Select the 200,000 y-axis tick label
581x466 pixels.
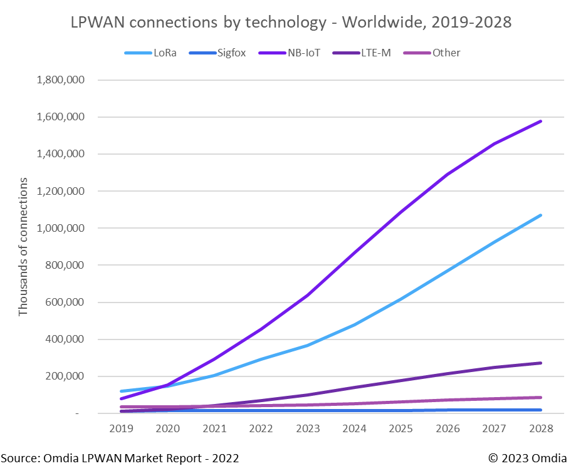pyautogui.click(x=66, y=376)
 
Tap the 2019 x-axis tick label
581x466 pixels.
pyautogui.click(x=120, y=428)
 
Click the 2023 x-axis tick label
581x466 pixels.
pyautogui.click(x=308, y=428)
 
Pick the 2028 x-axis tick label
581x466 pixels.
pyautogui.click(x=542, y=428)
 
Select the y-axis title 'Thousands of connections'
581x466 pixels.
pyautogui.click(x=23, y=247)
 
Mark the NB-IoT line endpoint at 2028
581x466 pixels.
pyautogui.click(x=540, y=122)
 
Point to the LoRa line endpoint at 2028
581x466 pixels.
pyautogui.click(x=540, y=215)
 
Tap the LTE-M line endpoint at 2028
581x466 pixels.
pyautogui.click(x=540, y=363)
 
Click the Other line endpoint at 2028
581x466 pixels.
pyautogui.click(x=540, y=397)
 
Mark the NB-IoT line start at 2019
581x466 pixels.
pyautogui.click(x=120, y=398)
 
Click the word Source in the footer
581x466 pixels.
pyautogui.click(x=18, y=458)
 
